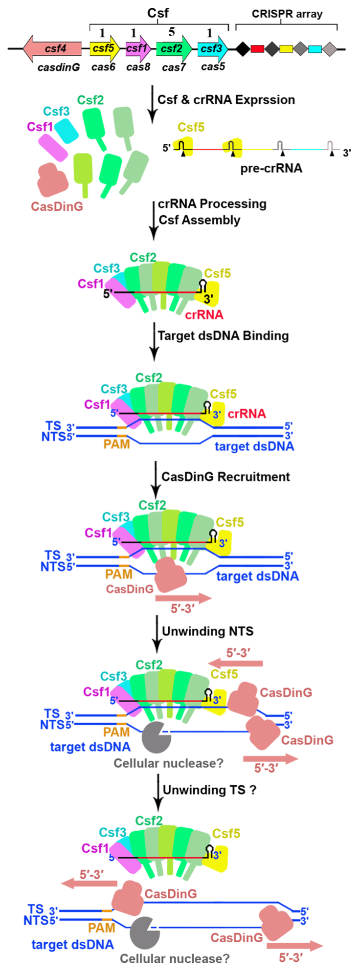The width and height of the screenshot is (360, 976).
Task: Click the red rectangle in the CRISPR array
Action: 257,49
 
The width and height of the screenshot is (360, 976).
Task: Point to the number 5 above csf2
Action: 171,32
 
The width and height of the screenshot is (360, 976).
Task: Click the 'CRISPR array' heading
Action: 287,14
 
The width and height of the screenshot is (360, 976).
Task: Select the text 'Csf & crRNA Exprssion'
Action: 226,100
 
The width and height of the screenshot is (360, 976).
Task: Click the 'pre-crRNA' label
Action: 271,169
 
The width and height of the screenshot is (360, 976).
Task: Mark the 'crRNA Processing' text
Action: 212,204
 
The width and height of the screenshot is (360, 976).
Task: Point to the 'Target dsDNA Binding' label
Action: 223,335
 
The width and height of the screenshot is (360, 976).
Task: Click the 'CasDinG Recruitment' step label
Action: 225,477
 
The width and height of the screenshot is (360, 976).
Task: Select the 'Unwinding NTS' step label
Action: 207,631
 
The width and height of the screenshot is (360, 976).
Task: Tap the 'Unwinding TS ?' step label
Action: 209,790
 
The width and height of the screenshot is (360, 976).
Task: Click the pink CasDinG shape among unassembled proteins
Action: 53,180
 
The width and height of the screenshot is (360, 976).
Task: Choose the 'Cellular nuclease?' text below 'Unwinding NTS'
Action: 168,763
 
